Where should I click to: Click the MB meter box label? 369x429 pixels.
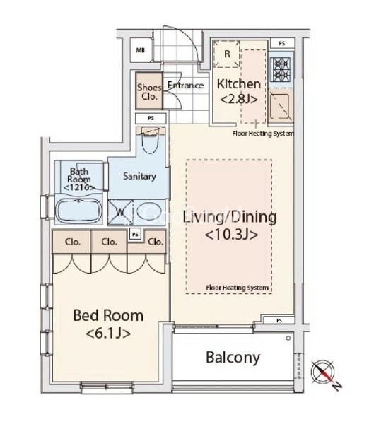click(141, 50)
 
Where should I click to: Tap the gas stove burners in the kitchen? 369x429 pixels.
click(281, 70)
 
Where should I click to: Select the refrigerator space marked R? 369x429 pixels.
click(227, 54)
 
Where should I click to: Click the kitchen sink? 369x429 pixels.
click(279, 106)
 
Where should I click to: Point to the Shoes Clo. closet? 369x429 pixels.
click(149, 91)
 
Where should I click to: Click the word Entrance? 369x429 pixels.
click(186, 85)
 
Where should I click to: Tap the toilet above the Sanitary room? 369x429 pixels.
click(151, 141)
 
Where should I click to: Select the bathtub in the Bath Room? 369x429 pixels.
click(78, 211)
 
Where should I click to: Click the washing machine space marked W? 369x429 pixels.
click(120, 212)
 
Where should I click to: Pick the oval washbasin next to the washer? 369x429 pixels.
click(149, 213)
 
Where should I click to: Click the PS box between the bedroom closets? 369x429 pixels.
click(135, 235)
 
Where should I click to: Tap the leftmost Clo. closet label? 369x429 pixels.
click(73, 242)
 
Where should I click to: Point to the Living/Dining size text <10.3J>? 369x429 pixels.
click(231, 234)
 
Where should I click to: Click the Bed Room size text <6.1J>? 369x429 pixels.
click(108, 334)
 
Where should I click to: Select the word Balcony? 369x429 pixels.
click(233, 358)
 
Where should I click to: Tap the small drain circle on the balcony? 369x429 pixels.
click(288, 339)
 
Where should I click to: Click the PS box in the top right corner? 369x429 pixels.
click(282, 43)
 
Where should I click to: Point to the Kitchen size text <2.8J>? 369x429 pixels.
click(239, 99)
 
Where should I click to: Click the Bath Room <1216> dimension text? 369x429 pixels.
click(79, 187)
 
